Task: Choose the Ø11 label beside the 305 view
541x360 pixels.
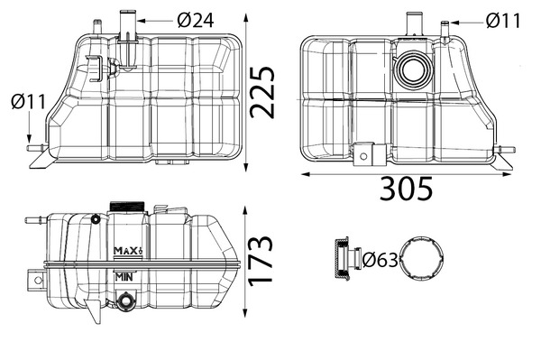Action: click(x=503, y=19)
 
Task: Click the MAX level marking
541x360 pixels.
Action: click(x=128, y=250)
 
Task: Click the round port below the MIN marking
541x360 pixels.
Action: click(x=125, y=300)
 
